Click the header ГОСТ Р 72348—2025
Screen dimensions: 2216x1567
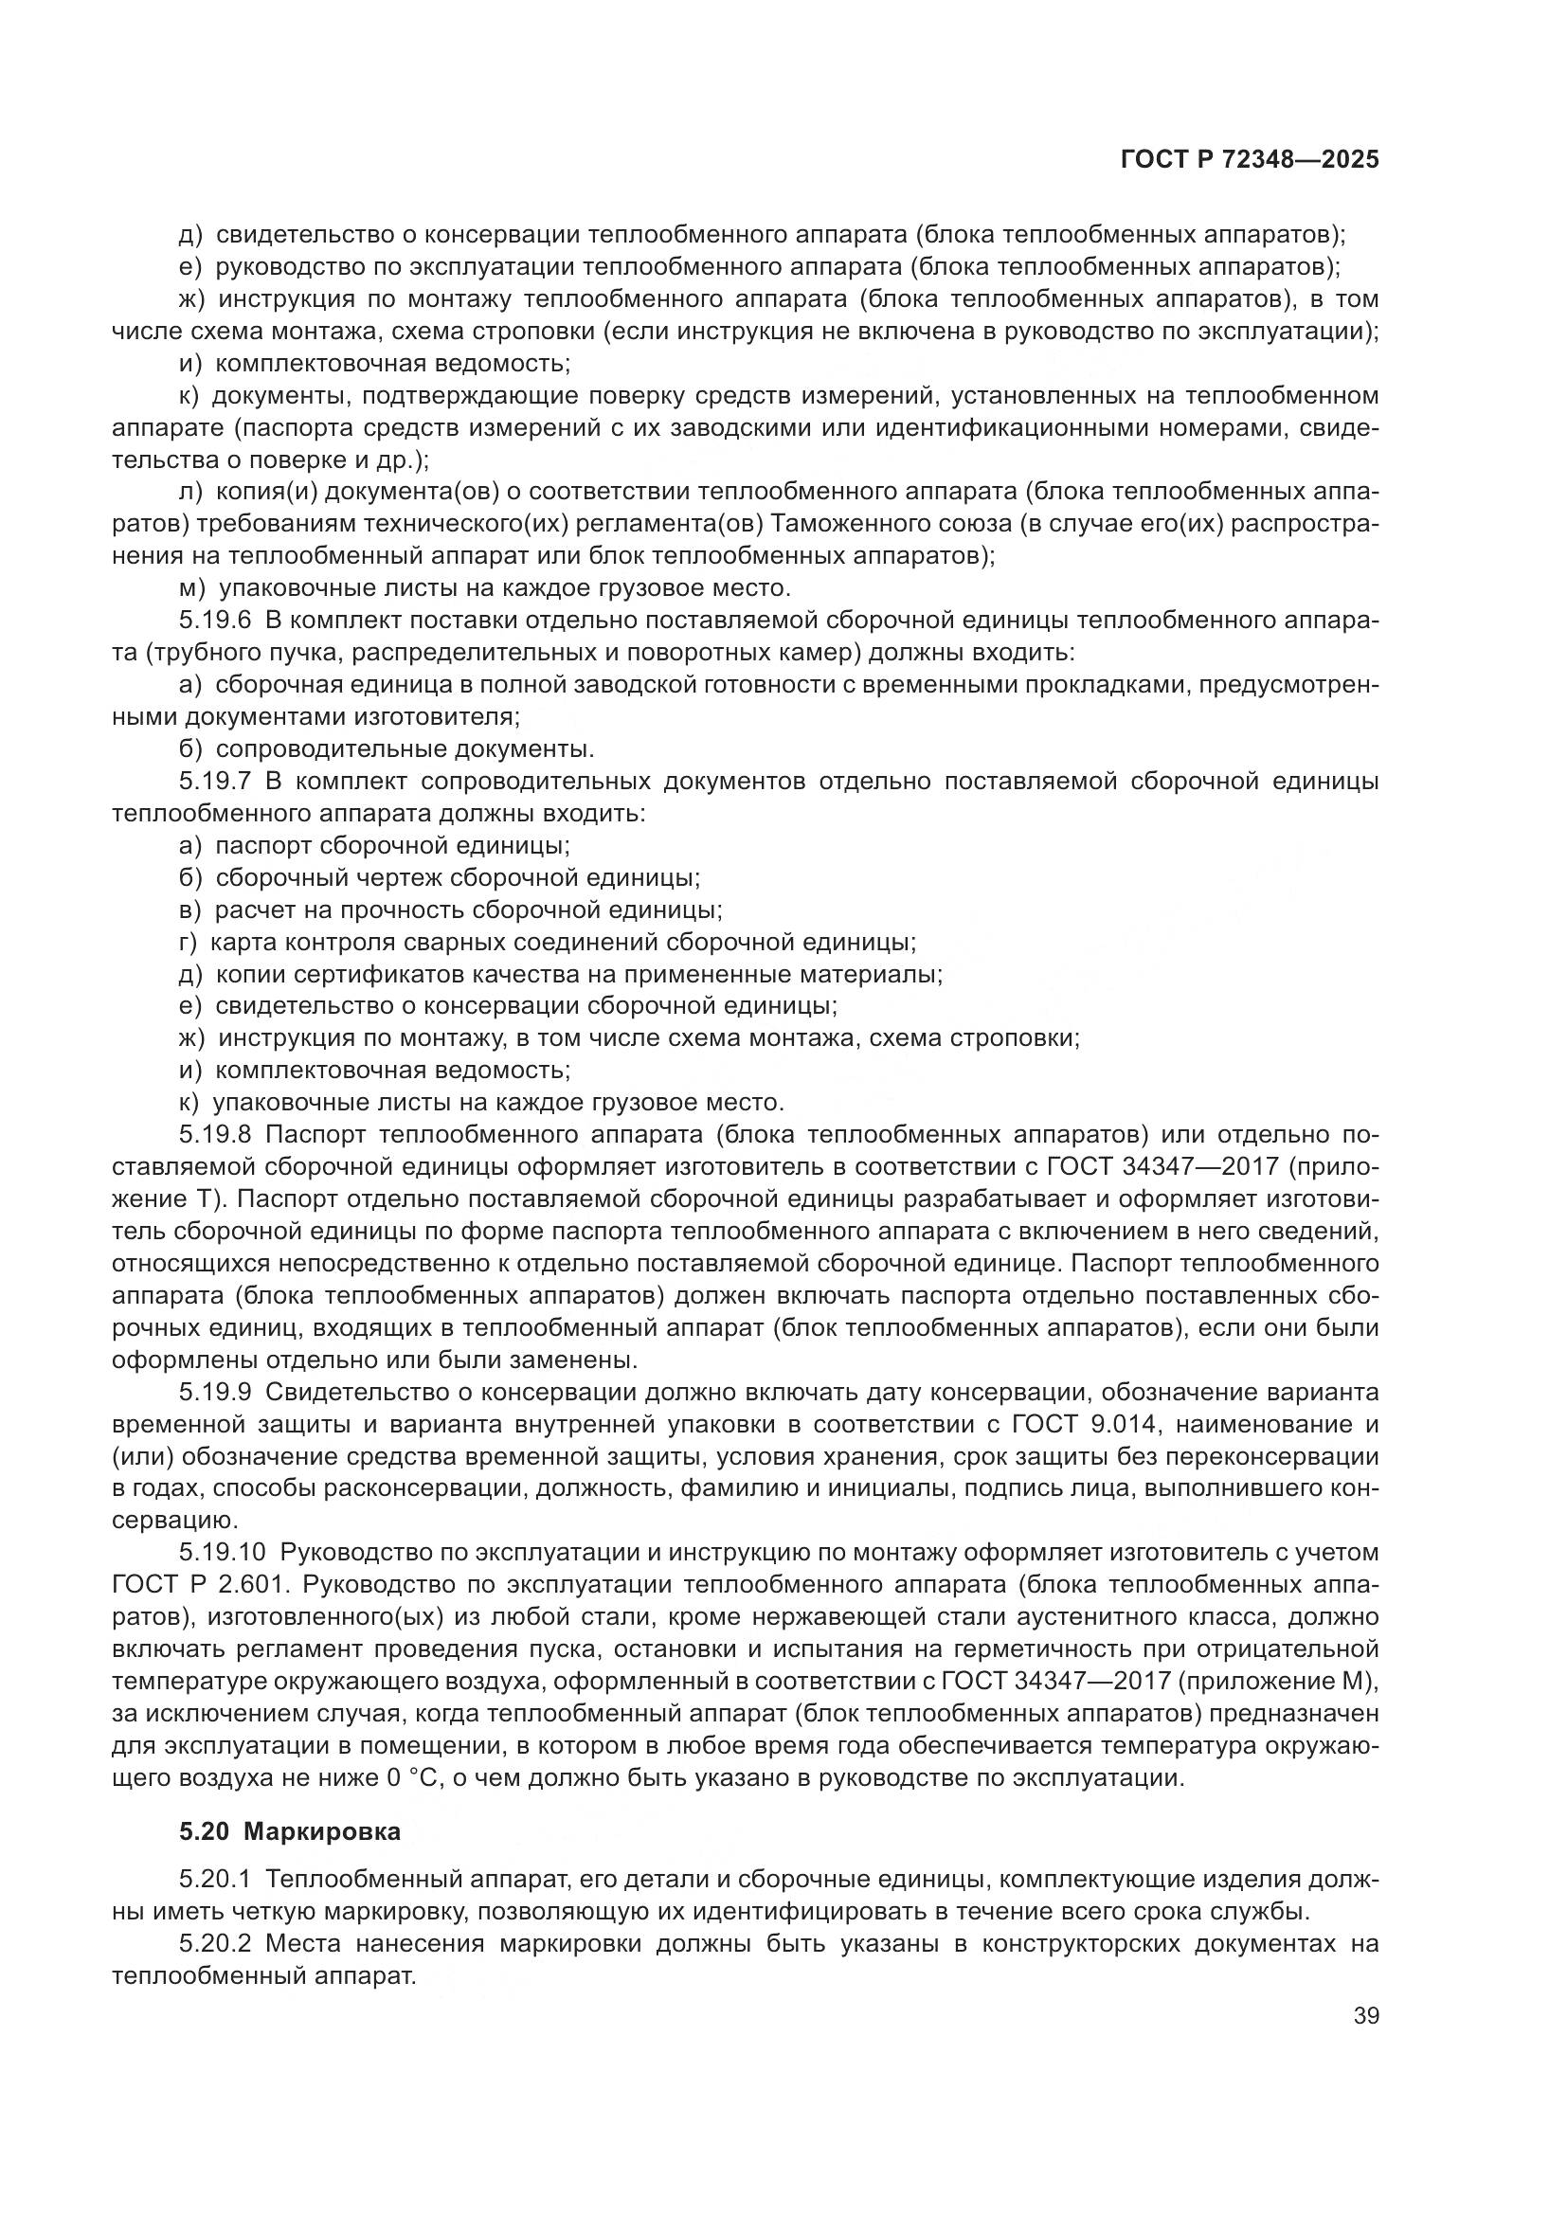click(1250, 160)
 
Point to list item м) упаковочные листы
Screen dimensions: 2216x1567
click(486, 587)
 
